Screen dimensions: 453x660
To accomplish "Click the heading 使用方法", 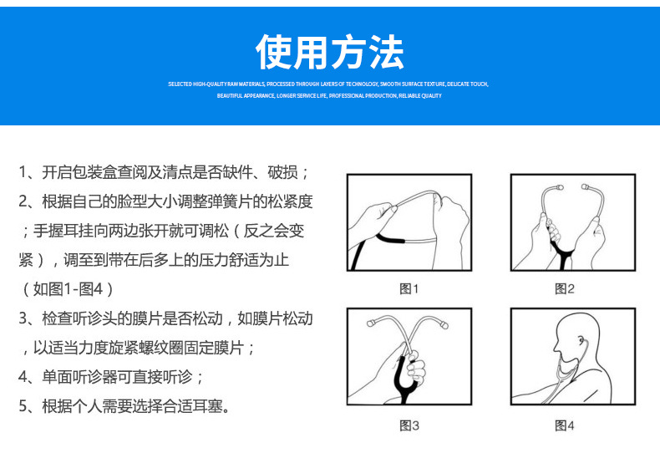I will pos(330,52).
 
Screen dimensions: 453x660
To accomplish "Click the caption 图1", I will pos(409,289).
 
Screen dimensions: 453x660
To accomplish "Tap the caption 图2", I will pos(565,289).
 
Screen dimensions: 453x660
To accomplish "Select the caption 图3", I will pos(409,426).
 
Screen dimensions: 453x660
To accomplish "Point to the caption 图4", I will pos(565,426).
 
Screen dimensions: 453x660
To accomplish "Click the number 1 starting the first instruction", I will pos(23,173).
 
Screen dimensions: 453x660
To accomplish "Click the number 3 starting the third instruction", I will pos(23,318).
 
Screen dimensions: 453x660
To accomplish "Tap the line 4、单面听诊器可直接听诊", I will pos(111,376).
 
